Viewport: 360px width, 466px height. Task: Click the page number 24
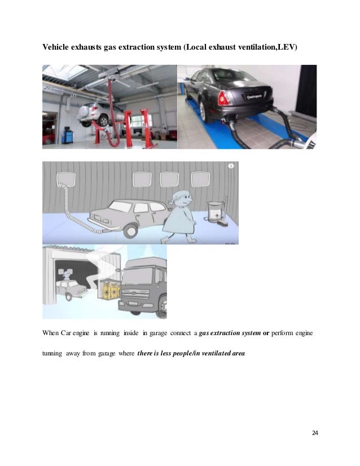315,433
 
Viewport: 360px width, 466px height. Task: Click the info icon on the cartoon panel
230,167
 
